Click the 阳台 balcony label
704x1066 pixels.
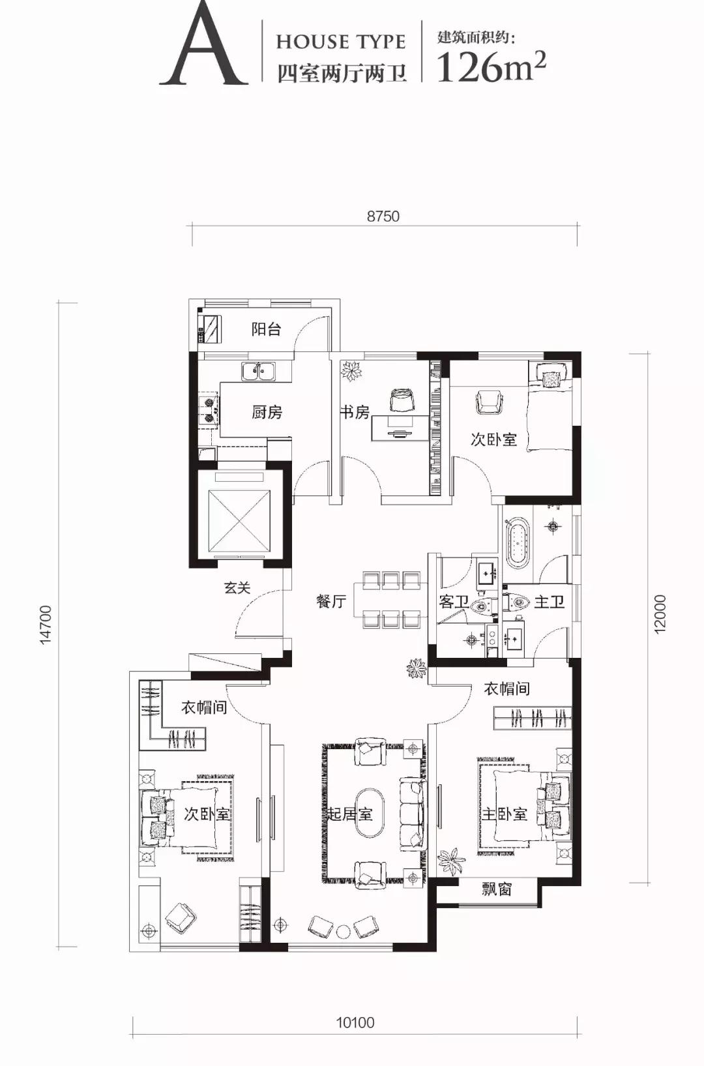(x=267, y=329)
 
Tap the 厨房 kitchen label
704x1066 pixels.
(x=267, y=411)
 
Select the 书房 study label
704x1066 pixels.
(x=355, y=411)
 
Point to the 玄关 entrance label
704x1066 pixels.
(x=237, y=587)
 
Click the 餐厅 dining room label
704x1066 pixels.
(x=331, y=602)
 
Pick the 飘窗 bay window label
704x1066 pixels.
(x=497, y=889)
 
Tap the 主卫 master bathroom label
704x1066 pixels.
(x=549, y=602)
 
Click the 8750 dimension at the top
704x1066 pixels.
(x=383, y=216)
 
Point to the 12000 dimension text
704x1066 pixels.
(x=661, y=614)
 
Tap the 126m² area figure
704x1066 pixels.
(x=491, y=67)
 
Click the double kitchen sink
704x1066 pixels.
(x=258, y=371)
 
